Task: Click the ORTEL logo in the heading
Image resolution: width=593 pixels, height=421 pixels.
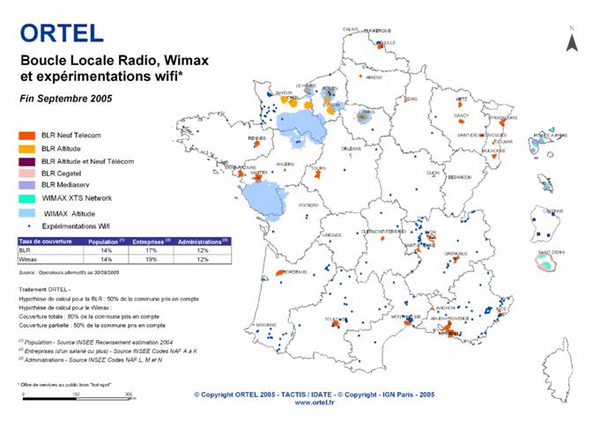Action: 62,33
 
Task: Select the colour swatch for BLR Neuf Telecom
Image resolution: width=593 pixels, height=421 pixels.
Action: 26,135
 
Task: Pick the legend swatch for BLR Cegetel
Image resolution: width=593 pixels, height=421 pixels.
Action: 26,174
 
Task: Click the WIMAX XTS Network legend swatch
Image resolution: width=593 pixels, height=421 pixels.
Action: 26,199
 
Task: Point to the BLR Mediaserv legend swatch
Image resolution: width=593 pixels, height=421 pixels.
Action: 26,186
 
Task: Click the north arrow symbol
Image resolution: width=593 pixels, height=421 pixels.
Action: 570,41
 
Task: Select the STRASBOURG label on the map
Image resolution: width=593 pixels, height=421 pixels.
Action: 503,117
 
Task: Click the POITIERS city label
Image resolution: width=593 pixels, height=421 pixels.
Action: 308,205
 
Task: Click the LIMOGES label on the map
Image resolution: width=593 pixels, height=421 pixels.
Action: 331,235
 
